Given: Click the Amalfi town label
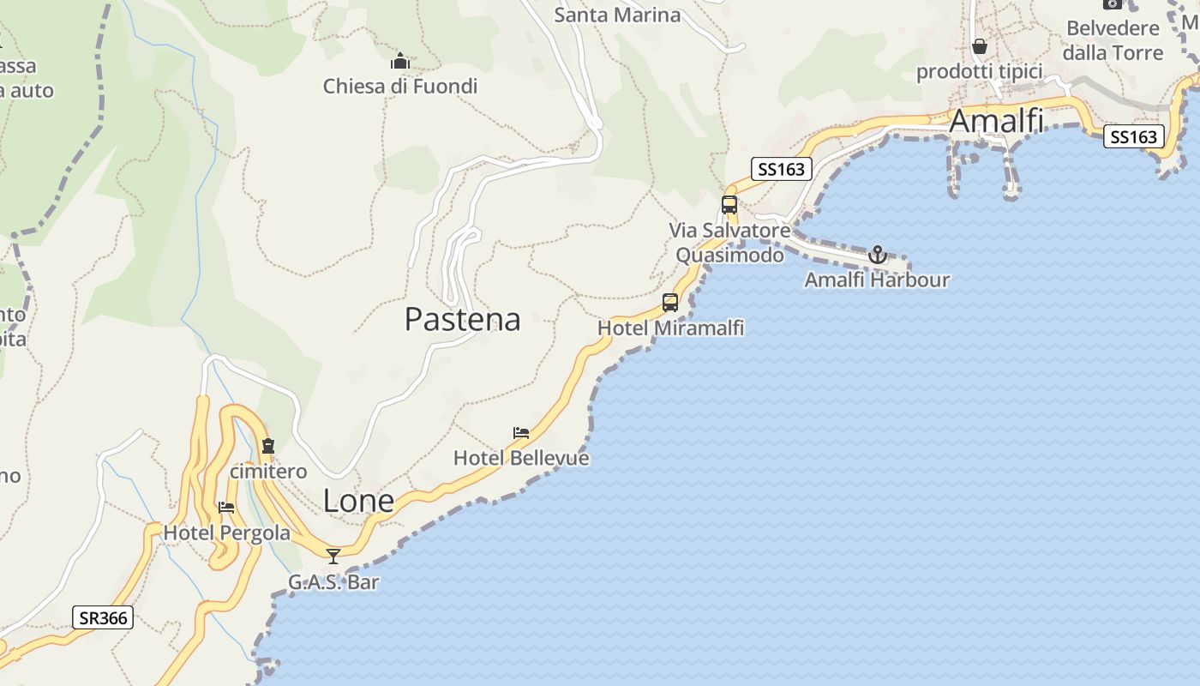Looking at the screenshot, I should coord(996,121).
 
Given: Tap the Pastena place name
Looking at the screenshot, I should coord(462,319).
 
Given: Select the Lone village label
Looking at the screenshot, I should coord(358,501).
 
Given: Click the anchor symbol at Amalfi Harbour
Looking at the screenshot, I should coord(877,255).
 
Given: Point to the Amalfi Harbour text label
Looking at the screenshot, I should coord(877,280).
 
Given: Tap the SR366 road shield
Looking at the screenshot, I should coord(103,617).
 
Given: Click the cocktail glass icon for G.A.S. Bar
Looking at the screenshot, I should coord(333,557).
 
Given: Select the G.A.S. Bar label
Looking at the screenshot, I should coord(333,582).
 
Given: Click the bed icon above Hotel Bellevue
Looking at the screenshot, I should coord(521,433).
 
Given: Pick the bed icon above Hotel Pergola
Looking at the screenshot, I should coord(226,508).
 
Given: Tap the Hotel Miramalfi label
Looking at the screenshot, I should coord(670,328).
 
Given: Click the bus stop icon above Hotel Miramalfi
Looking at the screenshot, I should coord(670,303).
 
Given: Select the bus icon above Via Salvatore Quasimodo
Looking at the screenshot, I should coord(729,205).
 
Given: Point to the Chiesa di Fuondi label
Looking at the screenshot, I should coord(400,86).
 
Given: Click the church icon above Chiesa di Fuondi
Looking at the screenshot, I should coord(400,62).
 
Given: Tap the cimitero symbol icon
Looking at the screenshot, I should coord(268,446).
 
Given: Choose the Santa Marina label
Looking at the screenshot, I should coord(617,15).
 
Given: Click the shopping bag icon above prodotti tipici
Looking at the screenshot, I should coord(980,46).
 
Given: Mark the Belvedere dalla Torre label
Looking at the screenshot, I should coord(1113,40).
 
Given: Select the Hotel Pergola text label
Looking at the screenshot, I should coord(226,533).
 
